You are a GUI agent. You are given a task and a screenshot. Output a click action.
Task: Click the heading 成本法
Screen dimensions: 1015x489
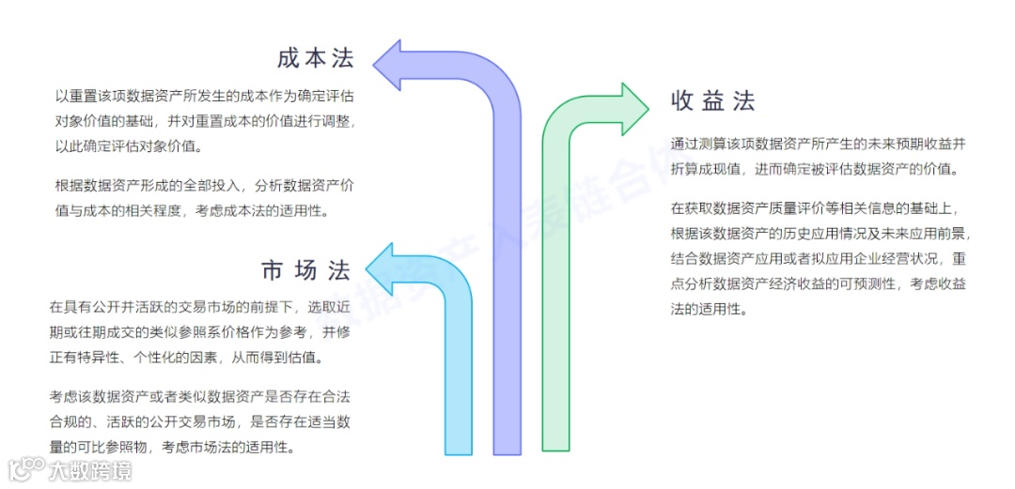coord(316,58)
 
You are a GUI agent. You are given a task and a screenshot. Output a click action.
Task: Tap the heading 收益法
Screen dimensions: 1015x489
coord(713,100)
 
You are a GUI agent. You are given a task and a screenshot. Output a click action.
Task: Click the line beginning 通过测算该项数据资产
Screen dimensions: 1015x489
coord(819,145)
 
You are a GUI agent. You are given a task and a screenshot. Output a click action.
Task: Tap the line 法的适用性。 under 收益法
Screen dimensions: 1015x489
coord(709,309)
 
